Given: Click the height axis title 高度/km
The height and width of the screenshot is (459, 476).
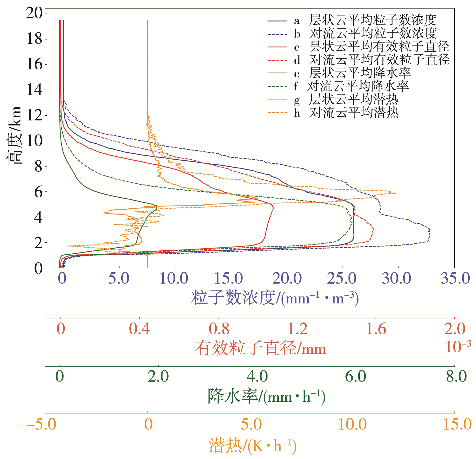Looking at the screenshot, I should point(14,136).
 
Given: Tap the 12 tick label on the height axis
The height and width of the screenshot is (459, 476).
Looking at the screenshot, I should point(35,115).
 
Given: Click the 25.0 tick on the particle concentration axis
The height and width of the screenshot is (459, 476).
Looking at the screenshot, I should point(342,278).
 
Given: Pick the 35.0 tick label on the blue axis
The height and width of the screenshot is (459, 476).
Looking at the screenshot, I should point(455,278).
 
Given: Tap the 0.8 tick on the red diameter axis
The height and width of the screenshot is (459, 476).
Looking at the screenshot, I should point(219,329).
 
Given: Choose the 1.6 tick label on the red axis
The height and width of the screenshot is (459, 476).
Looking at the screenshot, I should point(376,329).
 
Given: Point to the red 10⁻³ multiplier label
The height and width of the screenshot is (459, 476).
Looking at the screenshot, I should point(458,347).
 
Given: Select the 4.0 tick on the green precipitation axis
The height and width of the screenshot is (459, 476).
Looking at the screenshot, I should point(257,376).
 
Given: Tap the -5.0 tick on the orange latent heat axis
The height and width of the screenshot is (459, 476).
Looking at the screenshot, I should point(41,424).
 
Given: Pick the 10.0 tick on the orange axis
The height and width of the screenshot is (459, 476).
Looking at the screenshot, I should point(352,424).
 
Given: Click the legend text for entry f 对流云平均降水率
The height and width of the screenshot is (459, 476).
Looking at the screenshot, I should point(358,86).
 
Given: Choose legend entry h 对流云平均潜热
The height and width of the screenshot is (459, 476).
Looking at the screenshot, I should point(354,113).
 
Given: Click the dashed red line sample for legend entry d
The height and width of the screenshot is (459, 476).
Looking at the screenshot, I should point(277,60).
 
